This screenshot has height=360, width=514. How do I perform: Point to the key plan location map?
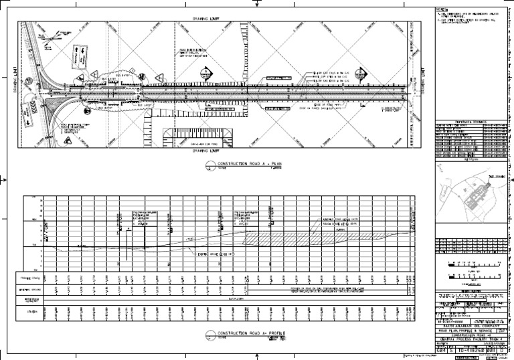[470, 194]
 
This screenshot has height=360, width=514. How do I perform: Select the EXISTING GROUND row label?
[31, 290]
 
